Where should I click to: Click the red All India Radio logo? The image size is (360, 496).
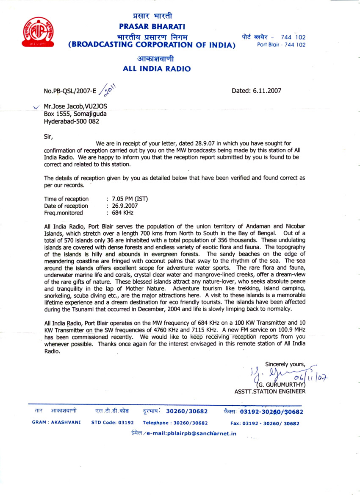(x=38, y=32)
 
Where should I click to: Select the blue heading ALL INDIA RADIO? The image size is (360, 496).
(x=156, y=69)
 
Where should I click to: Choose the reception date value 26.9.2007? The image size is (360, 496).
(x=125, y=206)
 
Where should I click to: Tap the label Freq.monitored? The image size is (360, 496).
(x=64, y=213)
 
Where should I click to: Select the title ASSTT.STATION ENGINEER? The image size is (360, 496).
(x=270, y=392)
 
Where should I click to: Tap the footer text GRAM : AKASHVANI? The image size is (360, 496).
(x=56, y=423)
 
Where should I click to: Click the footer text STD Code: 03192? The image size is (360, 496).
(x=113, y=423)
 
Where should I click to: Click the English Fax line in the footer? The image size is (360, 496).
(x=265, y=424)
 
